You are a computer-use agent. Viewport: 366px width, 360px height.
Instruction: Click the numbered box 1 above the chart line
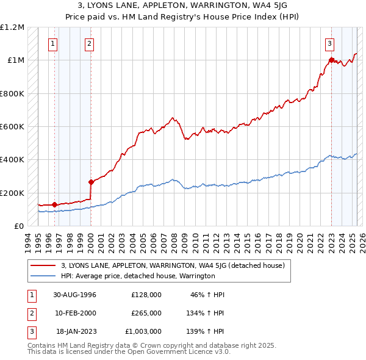click(53, 43)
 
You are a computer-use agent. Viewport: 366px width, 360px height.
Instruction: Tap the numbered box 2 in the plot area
click(89, 43)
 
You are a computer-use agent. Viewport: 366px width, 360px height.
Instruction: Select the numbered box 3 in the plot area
click(329, 43)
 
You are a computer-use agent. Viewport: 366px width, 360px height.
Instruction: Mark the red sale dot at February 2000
click(91, 182)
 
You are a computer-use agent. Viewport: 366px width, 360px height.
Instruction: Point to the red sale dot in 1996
click(55, 204)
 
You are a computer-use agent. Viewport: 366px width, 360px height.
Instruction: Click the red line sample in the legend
click(43, 265)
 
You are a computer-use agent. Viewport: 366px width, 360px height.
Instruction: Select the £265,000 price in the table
click(146, 313)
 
